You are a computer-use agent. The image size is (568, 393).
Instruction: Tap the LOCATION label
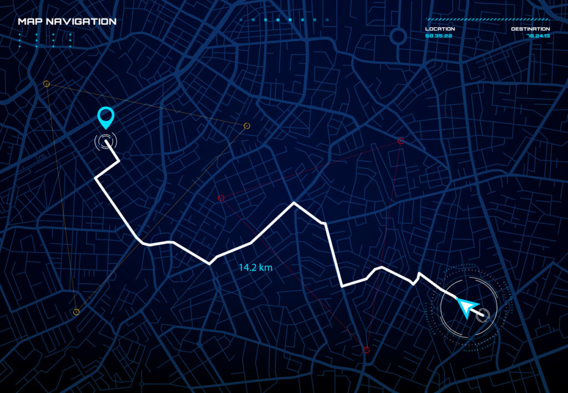[x=440, y=29]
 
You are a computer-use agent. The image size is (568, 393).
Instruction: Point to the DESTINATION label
[x=530, y=29]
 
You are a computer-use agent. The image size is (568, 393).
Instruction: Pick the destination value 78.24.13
[x=538, y=35]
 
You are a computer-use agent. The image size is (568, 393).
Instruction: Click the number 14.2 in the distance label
[x=248, y=267]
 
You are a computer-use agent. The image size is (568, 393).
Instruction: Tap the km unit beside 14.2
[x=266, y=267]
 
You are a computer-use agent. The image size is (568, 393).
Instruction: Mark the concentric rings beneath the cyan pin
[x=105, y=142]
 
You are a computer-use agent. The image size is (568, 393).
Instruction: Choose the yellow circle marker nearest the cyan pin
[x=47, y=84]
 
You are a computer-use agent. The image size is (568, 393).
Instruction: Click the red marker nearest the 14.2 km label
[x=221, y=198]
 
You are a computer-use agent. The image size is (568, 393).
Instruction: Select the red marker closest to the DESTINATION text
[x=400, y=141]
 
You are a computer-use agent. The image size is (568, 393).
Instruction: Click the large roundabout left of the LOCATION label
[x=398, y=37]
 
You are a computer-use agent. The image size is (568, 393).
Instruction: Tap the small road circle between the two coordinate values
[x=477, y=39]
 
